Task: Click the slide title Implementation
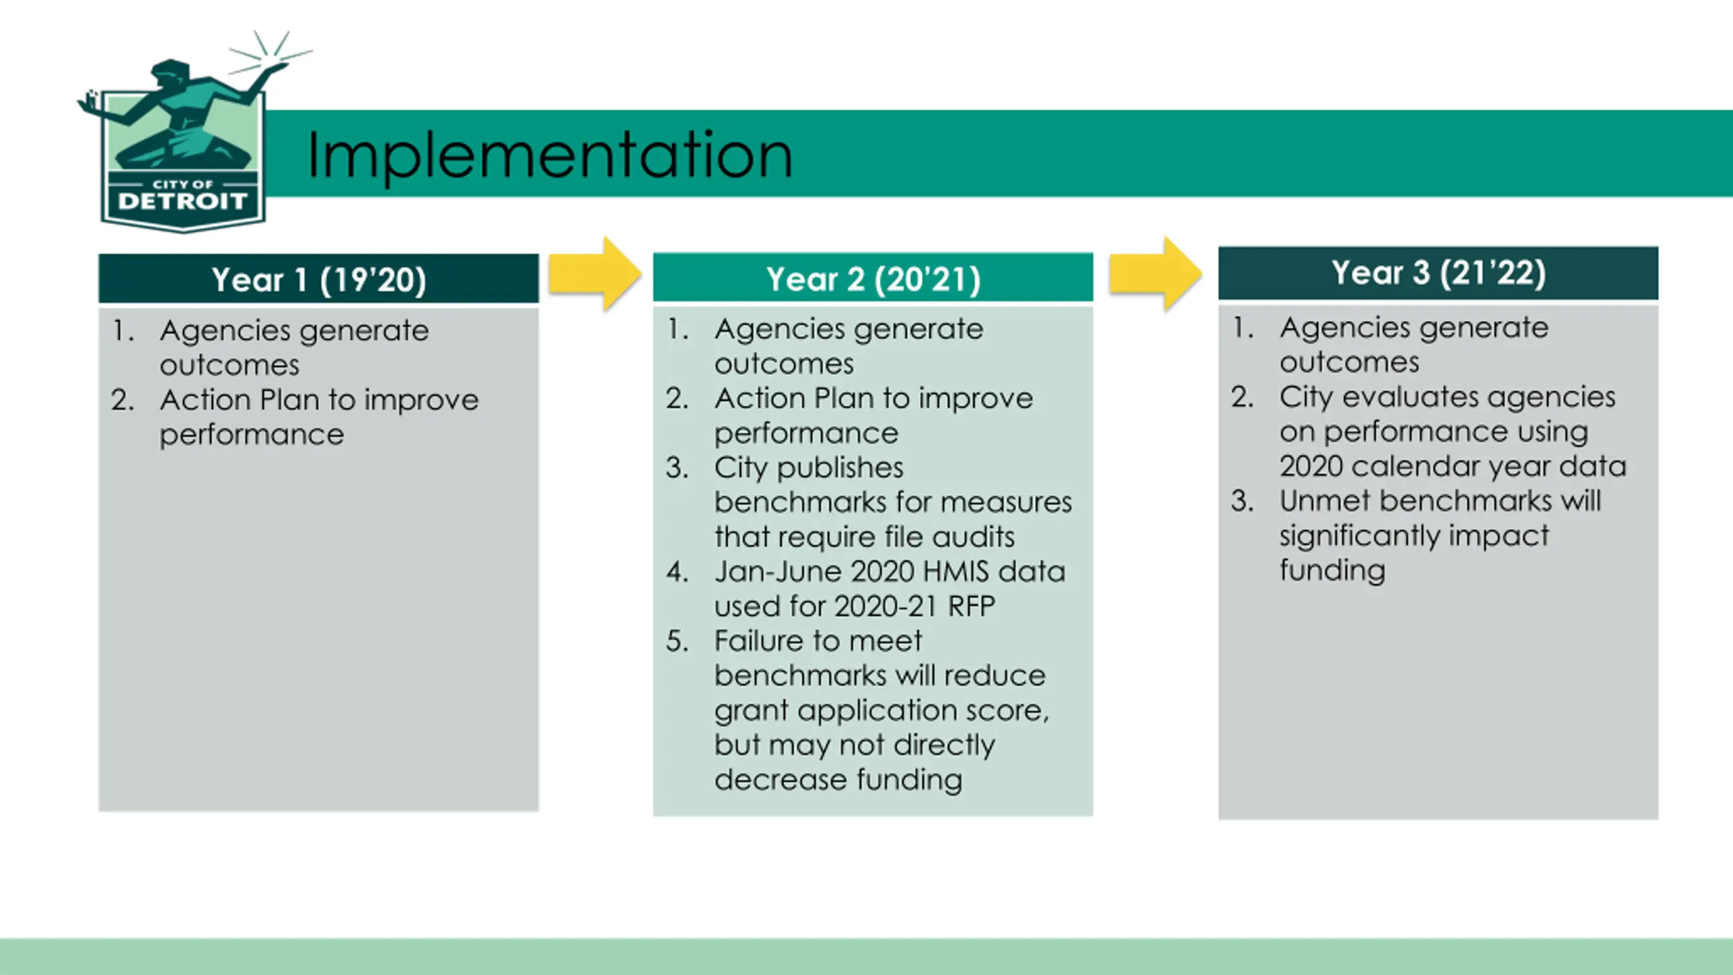(549, 155)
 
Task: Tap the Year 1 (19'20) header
(318, 279)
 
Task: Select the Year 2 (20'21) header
(873, 278)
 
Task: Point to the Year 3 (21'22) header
(1438, 273)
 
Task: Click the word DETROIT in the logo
(182, 201)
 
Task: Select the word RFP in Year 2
(971, 606)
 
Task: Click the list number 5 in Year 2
(676, 641)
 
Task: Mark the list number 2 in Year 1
(123, 400)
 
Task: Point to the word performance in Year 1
(252, 435)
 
